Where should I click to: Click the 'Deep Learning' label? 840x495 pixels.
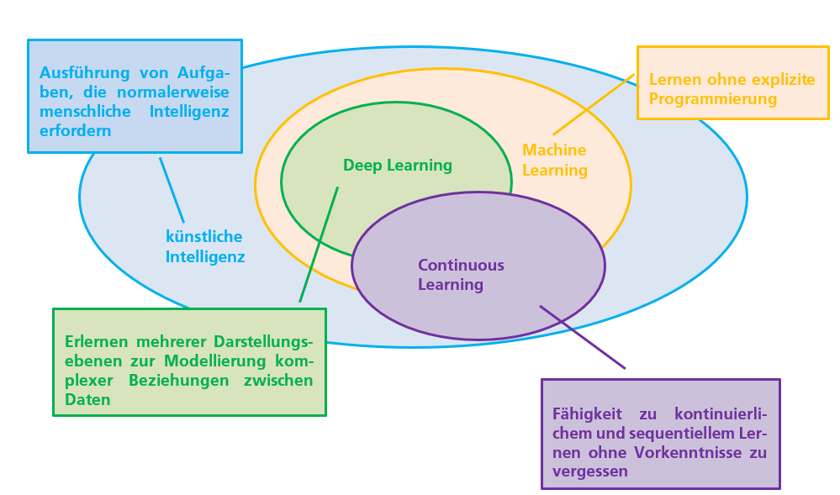(397, 166)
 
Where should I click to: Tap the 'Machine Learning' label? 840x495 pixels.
(555, 160)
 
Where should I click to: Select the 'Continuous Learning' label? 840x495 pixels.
(461, 275)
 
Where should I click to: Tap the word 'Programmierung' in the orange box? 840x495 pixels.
(713, 99)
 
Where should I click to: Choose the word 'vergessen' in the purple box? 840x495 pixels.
(589, 471)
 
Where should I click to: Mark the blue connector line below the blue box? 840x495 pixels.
(172, 190)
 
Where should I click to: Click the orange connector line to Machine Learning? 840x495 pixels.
(593, 104)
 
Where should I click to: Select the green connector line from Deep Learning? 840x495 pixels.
(319, 244)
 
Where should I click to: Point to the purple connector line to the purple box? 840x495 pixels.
(582, 336)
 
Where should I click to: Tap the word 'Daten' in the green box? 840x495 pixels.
(87, 399)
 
